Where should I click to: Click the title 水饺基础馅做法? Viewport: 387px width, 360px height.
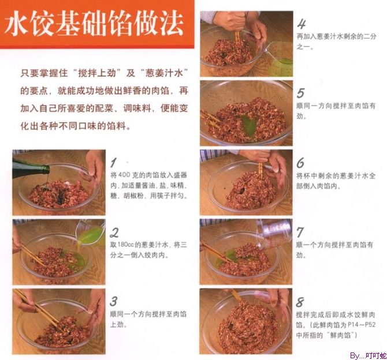pyautogui.click(x=94, y=24)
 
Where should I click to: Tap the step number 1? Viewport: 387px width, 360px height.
pyautogui.click(x=114, y=163)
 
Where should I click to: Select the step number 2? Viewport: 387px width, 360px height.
pyautogui.click(x=114, y=232)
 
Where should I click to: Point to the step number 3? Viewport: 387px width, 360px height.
pyautogui.click(x=114, y=301)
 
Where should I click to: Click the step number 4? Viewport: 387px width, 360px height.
pyautogui.click(x=302, y=24)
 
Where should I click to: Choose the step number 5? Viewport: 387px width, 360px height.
pyautogui.click(x=300, y=93)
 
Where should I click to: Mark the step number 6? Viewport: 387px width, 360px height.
pyautogui.click(x=300, y=163)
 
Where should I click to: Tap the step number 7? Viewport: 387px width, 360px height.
pyautogui.click(x=300, y=232)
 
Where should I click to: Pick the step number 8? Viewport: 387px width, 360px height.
pyautogui.click(x=300, y=302)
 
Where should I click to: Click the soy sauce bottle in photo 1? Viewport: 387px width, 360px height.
pyautogui.click(x=30, y=168)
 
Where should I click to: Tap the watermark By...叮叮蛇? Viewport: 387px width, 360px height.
pyautogui.click(x=368, y=356)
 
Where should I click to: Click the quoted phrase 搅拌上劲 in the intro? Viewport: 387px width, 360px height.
pyautogui.click(x=97, y=73)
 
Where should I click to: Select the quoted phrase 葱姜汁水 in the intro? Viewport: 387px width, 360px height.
pyautogui.click(x=164, y=73)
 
